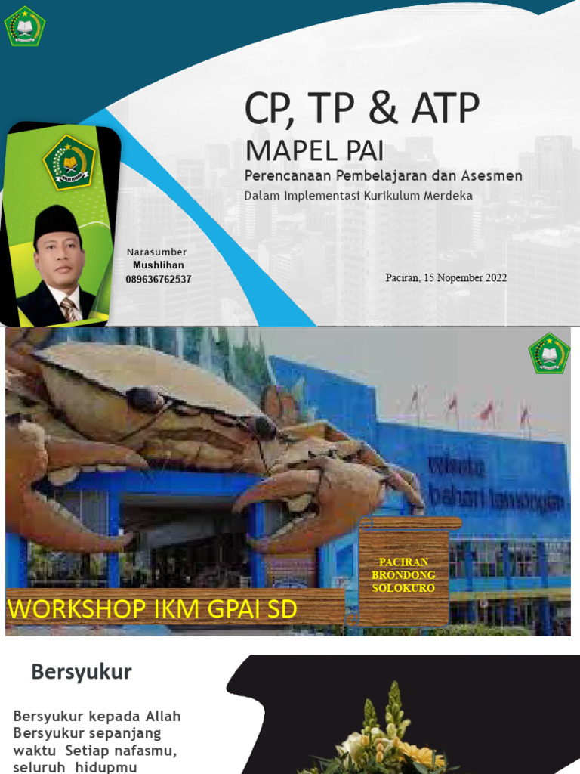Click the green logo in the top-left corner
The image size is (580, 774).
click(25, 25)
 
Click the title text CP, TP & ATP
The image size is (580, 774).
click(362, 109)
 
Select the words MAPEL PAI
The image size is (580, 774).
click(314, 150)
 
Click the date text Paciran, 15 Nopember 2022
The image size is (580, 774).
click(446, 277)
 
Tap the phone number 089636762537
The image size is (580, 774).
click(159, 279)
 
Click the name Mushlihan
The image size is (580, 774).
click(159, 265)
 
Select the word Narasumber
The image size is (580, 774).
click(156, 252)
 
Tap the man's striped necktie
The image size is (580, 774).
click(69, 308)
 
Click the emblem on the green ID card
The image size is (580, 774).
click(69, 161)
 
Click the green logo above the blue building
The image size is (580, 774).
click(549, 353)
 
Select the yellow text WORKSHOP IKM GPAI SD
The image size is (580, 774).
click(152, 609)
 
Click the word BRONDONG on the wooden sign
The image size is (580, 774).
click(403, 575)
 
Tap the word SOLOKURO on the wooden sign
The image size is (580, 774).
click(403, 587)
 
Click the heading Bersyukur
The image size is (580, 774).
click(82, 672)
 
